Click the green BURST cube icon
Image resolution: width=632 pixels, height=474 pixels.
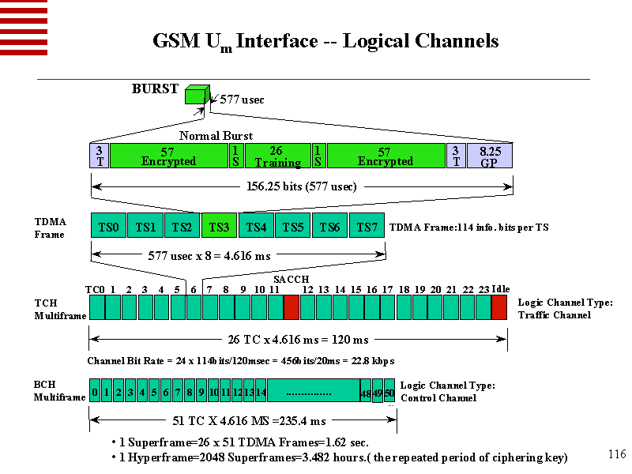pyautogui.click(x=195, y=95)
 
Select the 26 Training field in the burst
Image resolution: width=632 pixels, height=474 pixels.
pyautogui.click(x=276, y=156)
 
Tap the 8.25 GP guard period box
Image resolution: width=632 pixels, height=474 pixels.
pyautogui.click(x=490, y=156)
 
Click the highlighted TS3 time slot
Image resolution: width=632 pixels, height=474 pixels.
pyautogui.click(x=219, y=227)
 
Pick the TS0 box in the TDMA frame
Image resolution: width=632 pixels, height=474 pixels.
pyautogui.click(x=108, y=227)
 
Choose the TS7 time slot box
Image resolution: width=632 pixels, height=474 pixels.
pyautogui.click(x=367, y=227)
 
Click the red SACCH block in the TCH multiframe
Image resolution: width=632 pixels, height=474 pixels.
pyautogui.click(x=291, y=307)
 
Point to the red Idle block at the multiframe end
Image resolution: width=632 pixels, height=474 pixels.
pyautogui.click(x=499, y=307)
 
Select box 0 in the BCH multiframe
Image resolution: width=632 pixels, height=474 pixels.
pyautogui.click(x=95, y=390)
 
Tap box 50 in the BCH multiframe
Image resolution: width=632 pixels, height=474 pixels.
pyautogui.click(x=389, y=392)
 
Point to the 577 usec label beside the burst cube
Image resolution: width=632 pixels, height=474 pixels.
pyautogui.click(x=242, y=100)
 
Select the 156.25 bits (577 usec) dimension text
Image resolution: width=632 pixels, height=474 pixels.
pyautogui.click(x=303, y=187)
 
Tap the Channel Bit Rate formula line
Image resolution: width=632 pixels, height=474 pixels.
pyautogui.click(x=240, y=361)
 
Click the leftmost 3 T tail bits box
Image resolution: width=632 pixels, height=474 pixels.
pyautogui.click(x=99, y=156)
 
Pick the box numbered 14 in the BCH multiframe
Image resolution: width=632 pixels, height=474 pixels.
pyautogui.click(x=261, y=390)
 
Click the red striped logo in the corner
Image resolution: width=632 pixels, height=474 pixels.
pyautogui.click(x=24, y=28)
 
